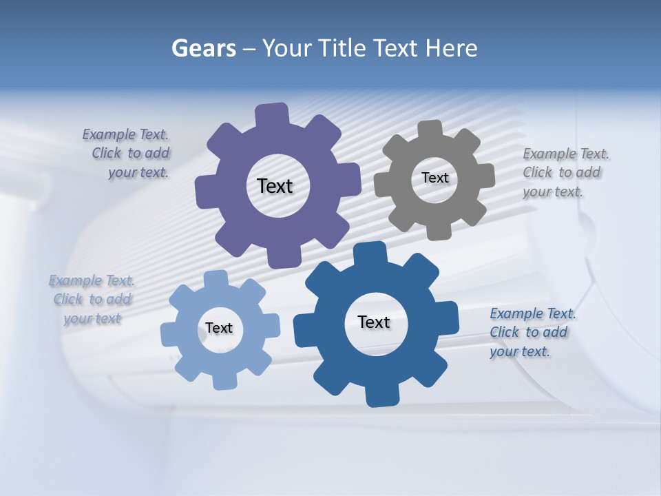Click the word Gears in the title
(x=203, y=48)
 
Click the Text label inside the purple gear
(x=275, y=186)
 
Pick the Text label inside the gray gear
(x=434, y=178)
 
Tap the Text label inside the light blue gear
(x=218, y=328)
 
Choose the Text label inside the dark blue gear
(x=374, y=322)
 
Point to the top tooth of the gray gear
(x=430, y=129)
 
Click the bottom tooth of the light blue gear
(x=224, y=380)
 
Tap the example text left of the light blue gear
(x=92, y=300)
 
